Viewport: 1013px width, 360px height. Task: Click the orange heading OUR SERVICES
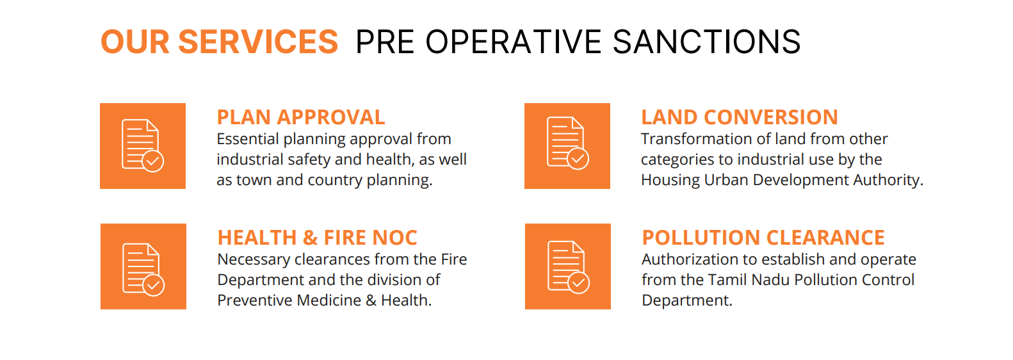220,42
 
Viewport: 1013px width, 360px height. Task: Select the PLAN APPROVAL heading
301,117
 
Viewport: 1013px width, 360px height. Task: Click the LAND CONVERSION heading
740,117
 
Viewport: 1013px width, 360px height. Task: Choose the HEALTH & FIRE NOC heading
317,238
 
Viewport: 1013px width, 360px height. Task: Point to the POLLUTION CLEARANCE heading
763,238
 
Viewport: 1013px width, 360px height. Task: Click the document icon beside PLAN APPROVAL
142,145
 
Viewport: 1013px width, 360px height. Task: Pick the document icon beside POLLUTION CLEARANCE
567,266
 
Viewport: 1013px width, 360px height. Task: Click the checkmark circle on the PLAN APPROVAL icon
153,161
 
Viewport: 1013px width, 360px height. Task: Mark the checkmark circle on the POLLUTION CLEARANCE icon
579,282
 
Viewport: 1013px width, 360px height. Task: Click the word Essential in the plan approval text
247,139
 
